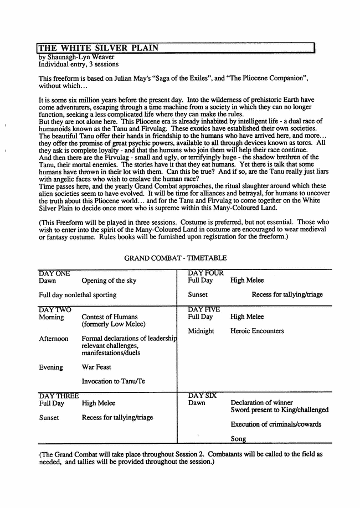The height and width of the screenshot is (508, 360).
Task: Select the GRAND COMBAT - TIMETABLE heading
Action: (x=175, y=258)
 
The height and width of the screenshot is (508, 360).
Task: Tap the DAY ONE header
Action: (x=54, y=273)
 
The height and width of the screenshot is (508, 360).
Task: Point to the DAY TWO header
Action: (x=55, y=309)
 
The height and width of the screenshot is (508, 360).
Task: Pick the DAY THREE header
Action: (x=59, y=396)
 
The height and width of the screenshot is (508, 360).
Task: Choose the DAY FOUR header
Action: (x=205, y=273)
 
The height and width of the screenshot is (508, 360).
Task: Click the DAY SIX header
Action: (x=202, y=396)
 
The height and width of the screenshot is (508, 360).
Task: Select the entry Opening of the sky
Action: (x=109, y=281)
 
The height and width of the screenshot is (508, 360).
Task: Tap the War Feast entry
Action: (x=96, y=367)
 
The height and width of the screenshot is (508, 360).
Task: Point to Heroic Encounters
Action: (x=257, y=331)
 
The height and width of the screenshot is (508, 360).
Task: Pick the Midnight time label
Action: (x=201, y=331)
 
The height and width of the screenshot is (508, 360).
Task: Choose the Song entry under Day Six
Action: (x=239, y=439)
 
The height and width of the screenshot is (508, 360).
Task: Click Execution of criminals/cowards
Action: (x=276, y=424)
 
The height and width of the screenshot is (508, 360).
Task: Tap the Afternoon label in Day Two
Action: (x=54, y=339)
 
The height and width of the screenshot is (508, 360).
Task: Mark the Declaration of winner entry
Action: (x=261, y=403)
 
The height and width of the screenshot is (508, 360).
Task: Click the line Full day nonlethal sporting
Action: (x=78, y=296)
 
